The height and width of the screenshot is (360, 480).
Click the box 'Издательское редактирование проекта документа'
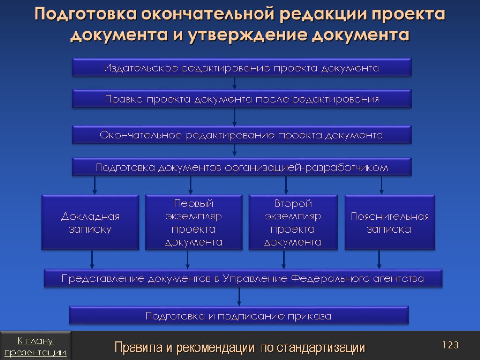pos(241,68)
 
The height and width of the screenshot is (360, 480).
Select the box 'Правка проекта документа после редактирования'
pos(241,99)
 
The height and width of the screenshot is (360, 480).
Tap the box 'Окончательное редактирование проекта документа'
pos(241,135)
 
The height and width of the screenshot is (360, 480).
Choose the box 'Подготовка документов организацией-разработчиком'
pos(241,167)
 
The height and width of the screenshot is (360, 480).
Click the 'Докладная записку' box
pos(90,223)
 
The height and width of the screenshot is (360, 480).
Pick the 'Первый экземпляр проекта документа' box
pos(194,223)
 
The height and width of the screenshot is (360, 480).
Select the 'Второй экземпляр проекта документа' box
pos(292,223)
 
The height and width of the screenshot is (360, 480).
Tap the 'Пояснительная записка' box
pos(390,223)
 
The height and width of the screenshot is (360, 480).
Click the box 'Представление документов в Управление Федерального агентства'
pos(243,278)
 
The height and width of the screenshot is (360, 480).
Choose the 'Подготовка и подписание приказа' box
pos(239,316)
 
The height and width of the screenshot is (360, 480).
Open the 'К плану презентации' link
pos(36,346)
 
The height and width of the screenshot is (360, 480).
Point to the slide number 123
pos(450,345)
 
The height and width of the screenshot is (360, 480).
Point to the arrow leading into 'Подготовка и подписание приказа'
pos(239,296)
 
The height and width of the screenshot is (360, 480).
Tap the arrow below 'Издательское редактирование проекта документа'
pos(235,83)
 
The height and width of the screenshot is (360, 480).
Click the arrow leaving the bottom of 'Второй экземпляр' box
pos(284,260)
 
